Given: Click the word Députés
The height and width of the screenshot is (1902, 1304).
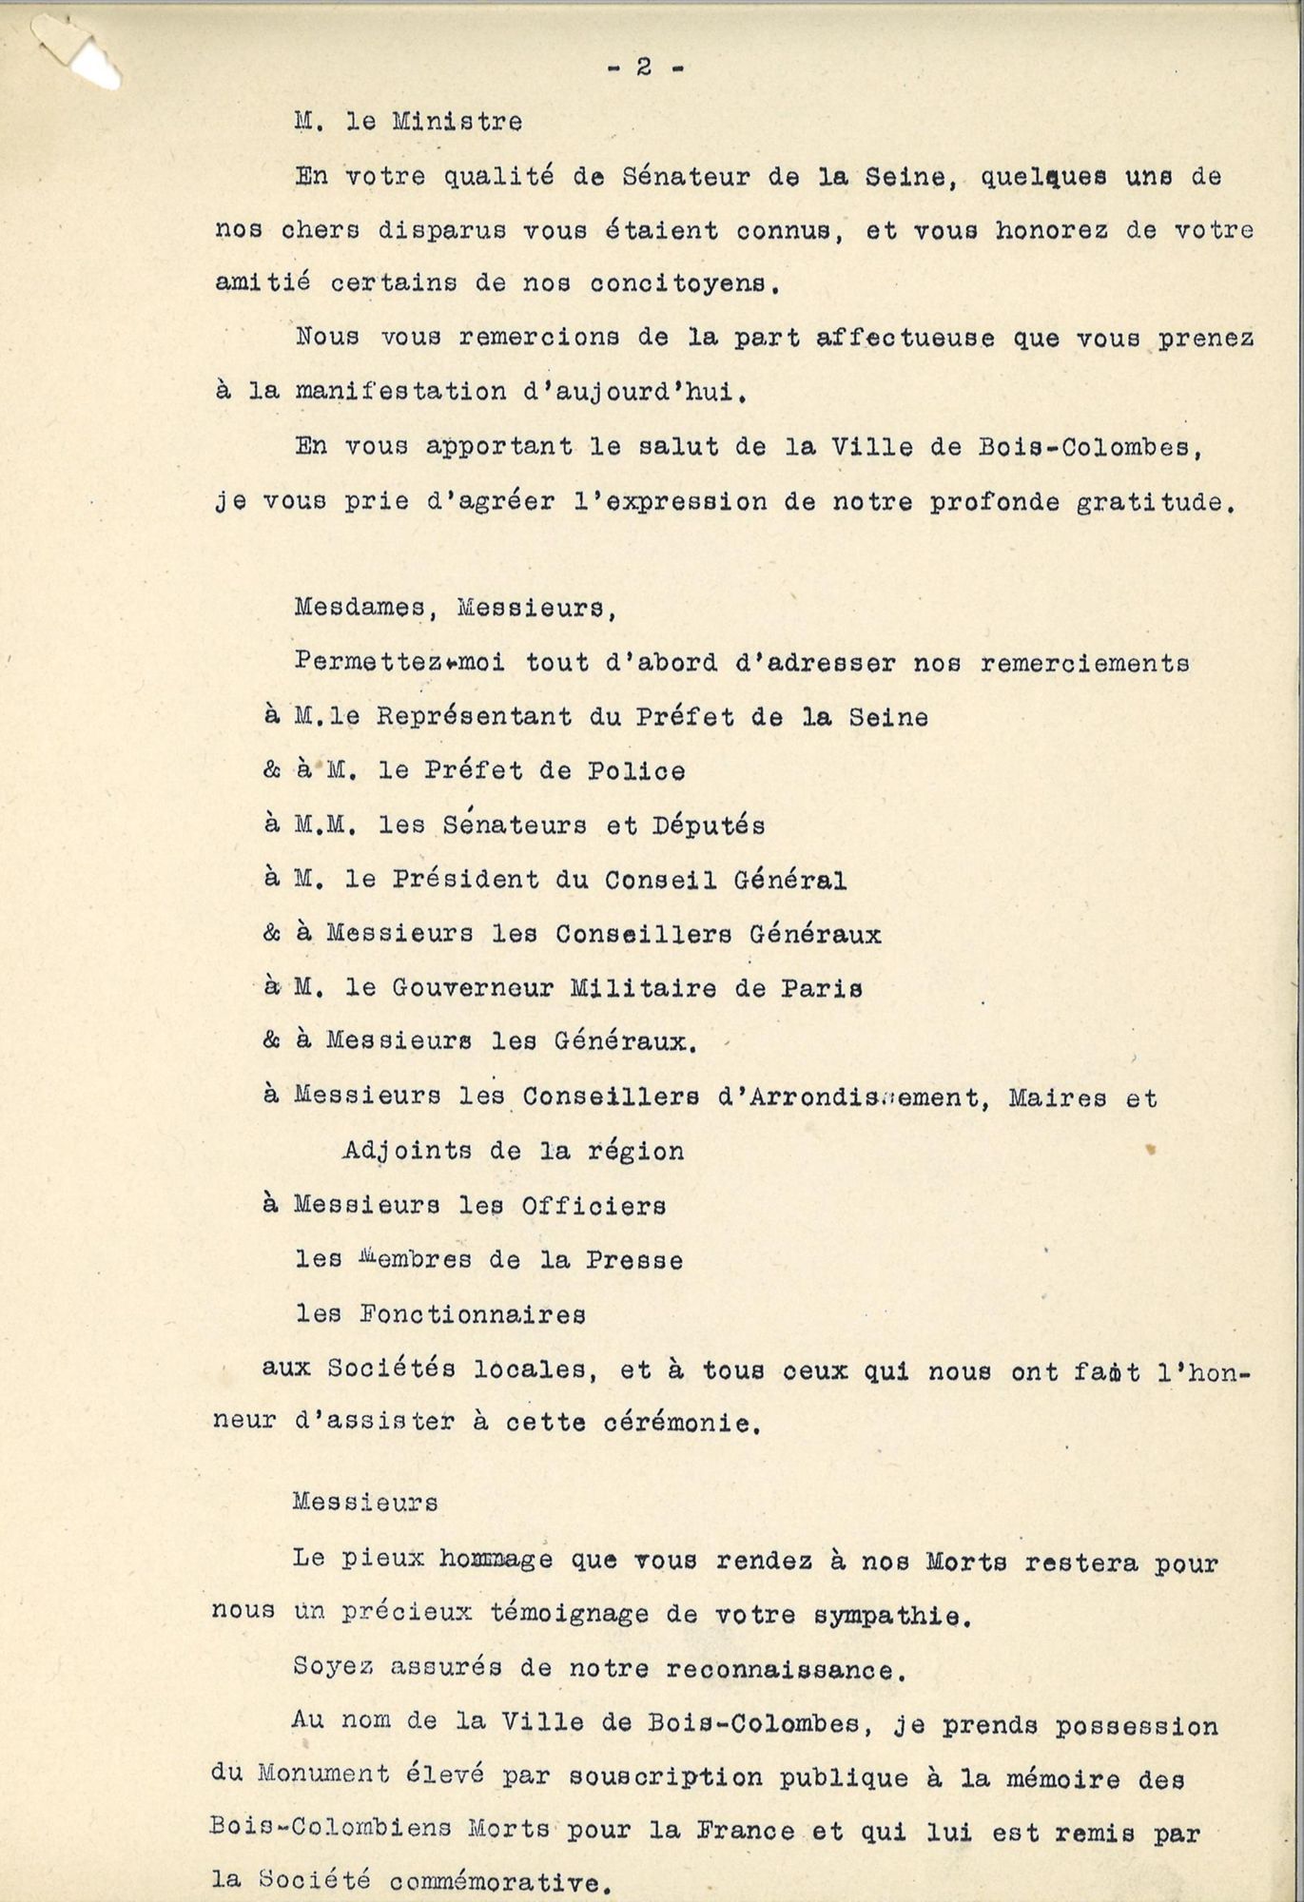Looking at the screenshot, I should click(x=708, y=825).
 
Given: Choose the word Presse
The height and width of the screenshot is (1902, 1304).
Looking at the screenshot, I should click(x=633, y=1261).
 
